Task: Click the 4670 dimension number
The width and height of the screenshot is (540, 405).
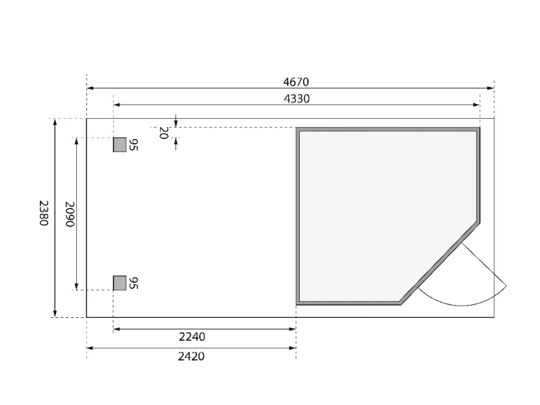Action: coord(296,82)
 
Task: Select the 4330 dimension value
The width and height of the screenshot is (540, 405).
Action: coord(296,99)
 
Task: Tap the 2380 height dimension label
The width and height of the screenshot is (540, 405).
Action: coord(43,213)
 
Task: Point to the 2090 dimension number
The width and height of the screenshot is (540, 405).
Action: coord(70,214)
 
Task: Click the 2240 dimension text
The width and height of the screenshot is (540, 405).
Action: coord(192,336)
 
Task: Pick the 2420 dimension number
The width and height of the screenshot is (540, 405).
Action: coord(191,356)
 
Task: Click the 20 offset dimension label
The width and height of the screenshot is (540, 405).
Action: coord(163,133)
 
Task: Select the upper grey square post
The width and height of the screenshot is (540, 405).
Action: coord(120,144)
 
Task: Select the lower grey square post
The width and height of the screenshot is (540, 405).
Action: coord(120,283)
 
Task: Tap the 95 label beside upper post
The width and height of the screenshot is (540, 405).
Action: coord(133,144)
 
